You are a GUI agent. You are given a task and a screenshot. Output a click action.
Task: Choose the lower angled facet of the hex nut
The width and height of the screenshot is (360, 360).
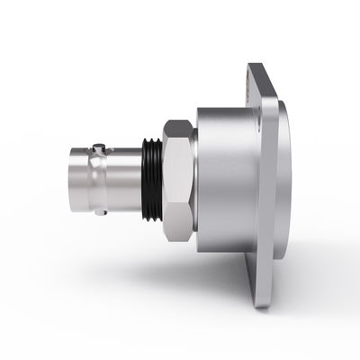point(179,225)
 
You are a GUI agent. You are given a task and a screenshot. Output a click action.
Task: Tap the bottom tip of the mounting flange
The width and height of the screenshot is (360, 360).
point(262,304)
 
